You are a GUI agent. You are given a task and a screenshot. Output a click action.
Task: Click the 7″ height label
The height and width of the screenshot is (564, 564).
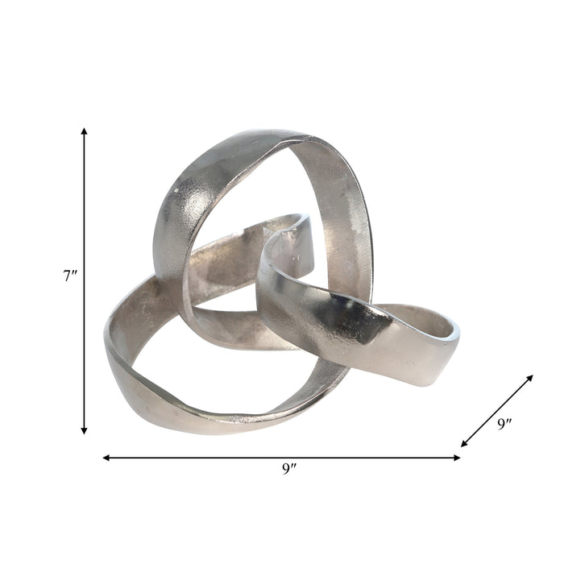click(x=71, y=276)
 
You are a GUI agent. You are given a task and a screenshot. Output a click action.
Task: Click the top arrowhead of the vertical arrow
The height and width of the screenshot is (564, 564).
click(x=84, y=131)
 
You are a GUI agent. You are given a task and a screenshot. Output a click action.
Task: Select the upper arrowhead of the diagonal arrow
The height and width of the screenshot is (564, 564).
click(x=529, y=379)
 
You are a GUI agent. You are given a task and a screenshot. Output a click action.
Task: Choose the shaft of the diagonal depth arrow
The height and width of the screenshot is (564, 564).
click(x=497, y=410)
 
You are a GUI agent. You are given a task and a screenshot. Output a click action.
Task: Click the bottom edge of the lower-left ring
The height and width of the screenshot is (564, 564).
click(x=201, y=427)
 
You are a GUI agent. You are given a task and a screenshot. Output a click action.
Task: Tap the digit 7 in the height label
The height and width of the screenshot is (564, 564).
click(x=68, y=276)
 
